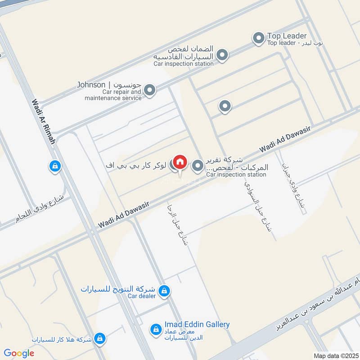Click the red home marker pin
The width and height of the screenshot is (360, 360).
180,162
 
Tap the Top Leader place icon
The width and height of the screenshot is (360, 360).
258,39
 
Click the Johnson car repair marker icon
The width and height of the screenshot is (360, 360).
150,90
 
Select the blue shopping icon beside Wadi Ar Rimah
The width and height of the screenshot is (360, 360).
54,166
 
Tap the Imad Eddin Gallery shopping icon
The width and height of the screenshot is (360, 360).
156,329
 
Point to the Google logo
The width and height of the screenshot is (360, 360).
19,353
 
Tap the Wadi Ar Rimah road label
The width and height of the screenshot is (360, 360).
43,122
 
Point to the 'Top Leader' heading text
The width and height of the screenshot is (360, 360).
287,36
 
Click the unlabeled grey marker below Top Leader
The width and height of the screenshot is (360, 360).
225,106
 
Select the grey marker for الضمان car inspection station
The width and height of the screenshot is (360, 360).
222,56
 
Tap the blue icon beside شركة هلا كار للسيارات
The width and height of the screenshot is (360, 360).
100,338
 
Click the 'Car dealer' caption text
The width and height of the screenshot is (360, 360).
141,296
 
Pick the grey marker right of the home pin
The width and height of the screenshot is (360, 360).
198,166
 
